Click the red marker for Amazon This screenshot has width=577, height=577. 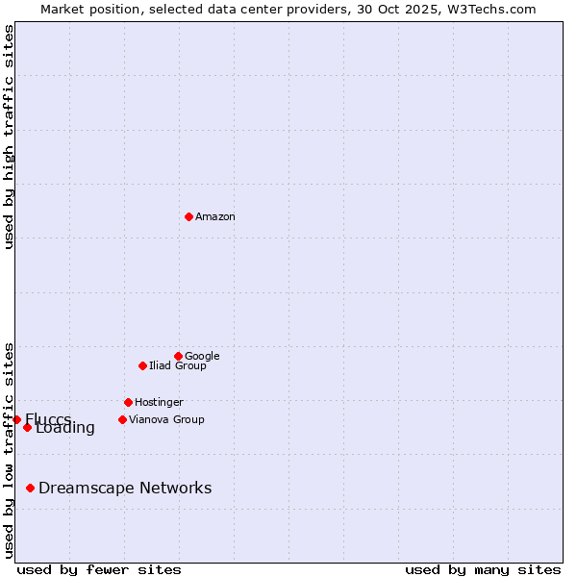(x=188, y=216)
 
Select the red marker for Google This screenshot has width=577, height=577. (x=178, y=356)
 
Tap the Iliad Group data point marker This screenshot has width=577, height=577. (x=142, y=365)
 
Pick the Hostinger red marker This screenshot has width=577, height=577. (x=128, y=402)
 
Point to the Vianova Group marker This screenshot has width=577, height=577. (x=122, y=419)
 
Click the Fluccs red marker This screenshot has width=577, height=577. (x=16, y=419)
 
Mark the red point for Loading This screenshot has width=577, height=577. (x=27, y=427)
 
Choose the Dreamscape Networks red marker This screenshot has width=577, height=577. (x=30, y=488)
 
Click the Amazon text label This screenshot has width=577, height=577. (x=215, y=217)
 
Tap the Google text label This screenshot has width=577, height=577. (x=202, y=356)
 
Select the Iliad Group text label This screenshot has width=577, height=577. (x=178, y=365)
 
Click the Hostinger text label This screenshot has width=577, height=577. (x=159, y=402)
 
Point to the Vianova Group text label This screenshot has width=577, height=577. (x=166, y=419)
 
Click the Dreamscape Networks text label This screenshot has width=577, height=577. (x=125, y=488)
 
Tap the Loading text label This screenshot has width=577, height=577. (x=65, y=429)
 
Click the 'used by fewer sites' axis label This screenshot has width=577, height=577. (x=99, y=569)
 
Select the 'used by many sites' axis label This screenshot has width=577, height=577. (x=483, y=569)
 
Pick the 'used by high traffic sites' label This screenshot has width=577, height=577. (x=9, y=137)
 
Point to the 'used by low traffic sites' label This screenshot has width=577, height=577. (x=9, y=449)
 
